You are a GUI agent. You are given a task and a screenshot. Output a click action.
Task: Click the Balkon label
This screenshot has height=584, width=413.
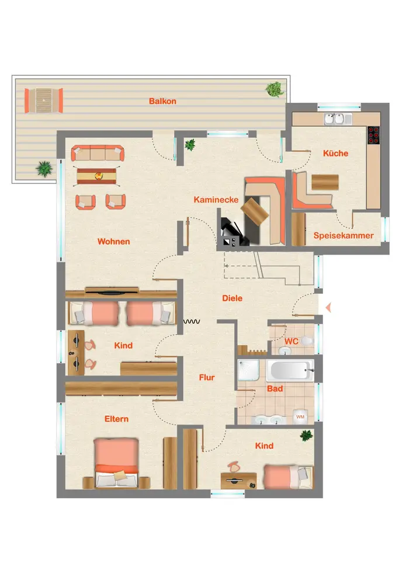point(162,101)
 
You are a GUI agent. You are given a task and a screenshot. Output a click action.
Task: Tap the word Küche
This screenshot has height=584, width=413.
point(335,153)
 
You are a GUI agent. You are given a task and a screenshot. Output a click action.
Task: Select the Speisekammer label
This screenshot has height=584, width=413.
point(343,235)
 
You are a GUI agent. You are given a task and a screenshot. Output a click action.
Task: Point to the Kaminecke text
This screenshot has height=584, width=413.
point(216,200)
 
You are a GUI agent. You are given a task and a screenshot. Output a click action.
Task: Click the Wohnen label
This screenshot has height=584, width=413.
point(113,241)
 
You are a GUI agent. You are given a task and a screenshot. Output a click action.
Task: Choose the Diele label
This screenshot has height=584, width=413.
point(232,298)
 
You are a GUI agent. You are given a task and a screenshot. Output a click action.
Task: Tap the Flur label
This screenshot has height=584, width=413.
point(207,377)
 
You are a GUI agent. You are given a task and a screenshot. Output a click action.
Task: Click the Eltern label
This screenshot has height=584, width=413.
point(116,419)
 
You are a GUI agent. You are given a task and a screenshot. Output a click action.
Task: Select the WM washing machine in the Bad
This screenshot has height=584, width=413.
point(300,417)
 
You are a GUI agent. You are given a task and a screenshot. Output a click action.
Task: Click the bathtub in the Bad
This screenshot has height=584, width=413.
point(290,370)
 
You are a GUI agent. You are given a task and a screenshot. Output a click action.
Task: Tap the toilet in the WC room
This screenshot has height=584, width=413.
point(307,340)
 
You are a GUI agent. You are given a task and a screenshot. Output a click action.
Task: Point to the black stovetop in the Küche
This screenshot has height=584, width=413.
point(373,135)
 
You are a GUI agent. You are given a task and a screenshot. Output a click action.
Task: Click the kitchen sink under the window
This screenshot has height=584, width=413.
point(334,119)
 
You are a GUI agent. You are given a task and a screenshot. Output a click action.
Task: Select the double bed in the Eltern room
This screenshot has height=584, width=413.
point(116,463)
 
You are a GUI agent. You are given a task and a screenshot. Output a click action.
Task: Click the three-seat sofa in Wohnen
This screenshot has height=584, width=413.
point(98,152)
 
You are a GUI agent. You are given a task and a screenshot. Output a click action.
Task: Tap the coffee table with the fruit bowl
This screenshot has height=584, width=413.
point(96,176)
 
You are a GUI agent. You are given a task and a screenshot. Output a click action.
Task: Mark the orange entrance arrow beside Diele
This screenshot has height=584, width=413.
point(328,308)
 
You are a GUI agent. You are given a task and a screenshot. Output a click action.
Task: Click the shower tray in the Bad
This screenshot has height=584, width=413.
point(248,370)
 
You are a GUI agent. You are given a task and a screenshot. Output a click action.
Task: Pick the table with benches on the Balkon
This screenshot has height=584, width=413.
point(44,100)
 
